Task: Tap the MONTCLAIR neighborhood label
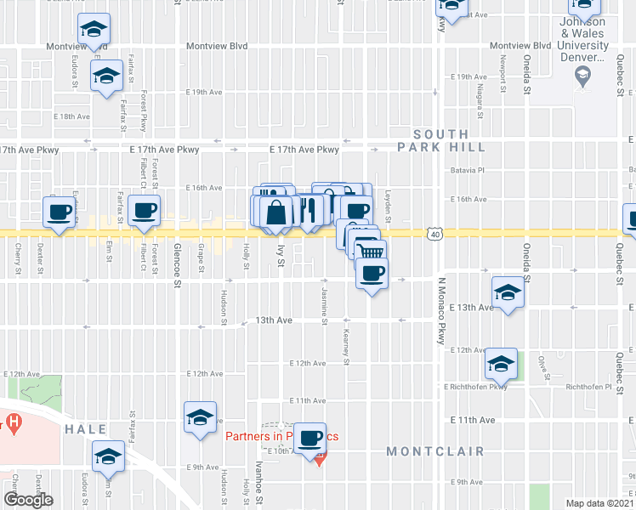[435, 451]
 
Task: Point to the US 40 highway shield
[435, 233]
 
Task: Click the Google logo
[28, 501]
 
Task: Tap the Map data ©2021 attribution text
[599, 503]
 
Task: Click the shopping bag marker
[277, 212]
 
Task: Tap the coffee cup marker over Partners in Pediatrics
[312, 439]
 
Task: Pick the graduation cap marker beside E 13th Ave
[508, 292]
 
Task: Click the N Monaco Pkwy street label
[442, 310]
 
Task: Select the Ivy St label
[280, 255]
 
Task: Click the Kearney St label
[346, 347]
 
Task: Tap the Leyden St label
[387, 207]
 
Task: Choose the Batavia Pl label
[466, 170]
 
